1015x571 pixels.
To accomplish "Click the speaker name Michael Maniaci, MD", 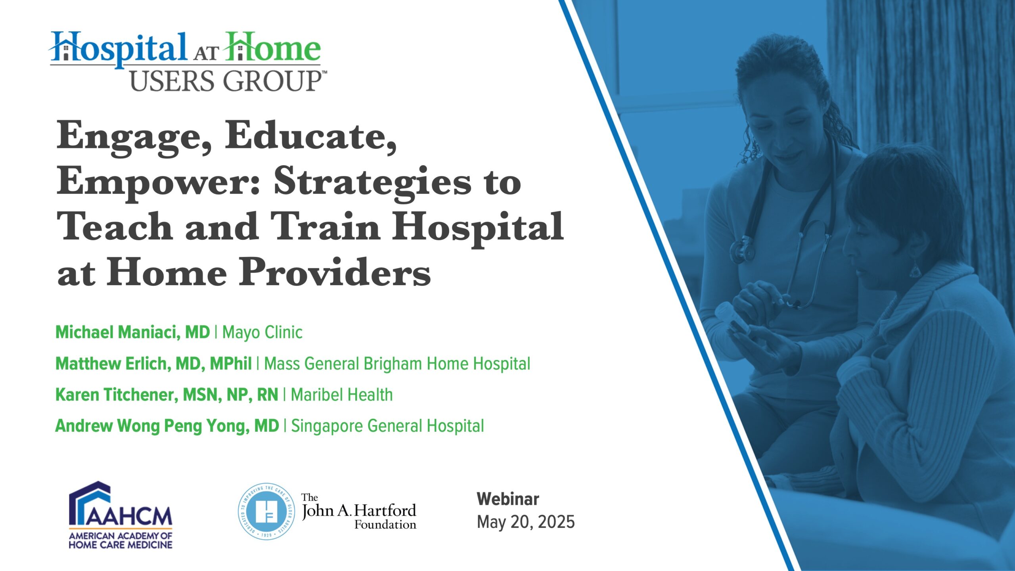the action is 132,332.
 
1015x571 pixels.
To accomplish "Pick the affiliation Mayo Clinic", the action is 262,332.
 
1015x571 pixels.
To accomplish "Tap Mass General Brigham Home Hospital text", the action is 397,364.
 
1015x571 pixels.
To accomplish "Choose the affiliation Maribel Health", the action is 342,395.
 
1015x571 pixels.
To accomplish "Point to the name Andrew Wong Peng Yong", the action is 152,426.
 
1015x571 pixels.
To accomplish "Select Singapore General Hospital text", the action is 387,426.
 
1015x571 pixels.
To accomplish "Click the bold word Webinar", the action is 508,499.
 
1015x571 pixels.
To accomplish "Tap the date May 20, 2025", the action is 526,522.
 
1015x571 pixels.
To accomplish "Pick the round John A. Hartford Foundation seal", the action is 266,512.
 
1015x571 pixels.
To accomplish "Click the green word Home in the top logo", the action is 272,47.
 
